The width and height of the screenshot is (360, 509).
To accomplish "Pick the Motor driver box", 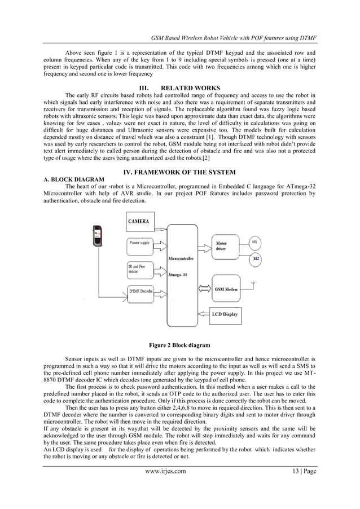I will [x=226, y=245].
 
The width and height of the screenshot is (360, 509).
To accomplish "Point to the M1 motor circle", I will [x=256, y=242].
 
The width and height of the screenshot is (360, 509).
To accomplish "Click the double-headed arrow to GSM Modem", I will [x=202, y=288].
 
